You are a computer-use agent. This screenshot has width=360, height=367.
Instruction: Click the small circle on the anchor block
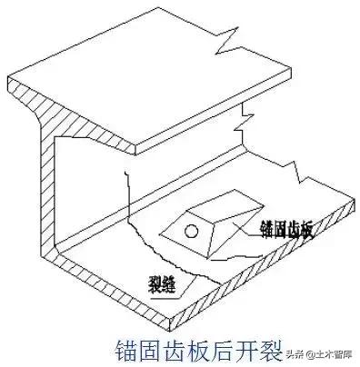click(190, 232)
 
